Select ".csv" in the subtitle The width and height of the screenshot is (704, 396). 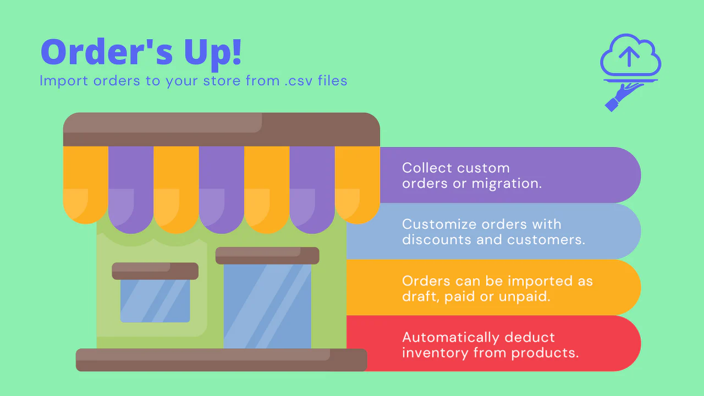(x=297, y=81)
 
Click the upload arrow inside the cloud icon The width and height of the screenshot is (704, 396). (x=629, y=55)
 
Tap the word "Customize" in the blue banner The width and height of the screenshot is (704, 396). (x=439, y=224)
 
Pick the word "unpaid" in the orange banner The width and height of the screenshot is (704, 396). (x=529, y=296)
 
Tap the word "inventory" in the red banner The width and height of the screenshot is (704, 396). (x=435, y=353)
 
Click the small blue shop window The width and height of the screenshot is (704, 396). (x=155, y=300)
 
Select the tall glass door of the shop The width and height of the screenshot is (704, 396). (x=267, y=306)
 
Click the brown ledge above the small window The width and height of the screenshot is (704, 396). (x=155, y=271)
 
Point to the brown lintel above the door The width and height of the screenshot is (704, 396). (x=267, y=255)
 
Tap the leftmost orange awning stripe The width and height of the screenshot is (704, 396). (x=85, y=184)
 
